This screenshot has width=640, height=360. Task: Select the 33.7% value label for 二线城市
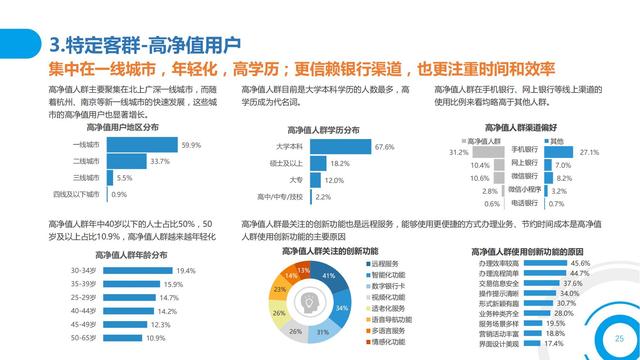(160, 161)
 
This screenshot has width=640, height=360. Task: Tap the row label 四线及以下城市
(84, 194)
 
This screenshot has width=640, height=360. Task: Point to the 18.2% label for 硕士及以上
(340, 163)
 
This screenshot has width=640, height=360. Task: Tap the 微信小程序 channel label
(522, 189)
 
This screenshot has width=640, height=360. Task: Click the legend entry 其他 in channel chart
(555, 141)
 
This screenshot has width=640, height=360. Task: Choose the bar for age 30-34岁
(136, 271)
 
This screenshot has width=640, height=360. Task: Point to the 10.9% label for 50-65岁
(157, 338)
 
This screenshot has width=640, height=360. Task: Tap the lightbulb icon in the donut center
(306, 300)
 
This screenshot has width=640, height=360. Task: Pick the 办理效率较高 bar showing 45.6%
(556, 263)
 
